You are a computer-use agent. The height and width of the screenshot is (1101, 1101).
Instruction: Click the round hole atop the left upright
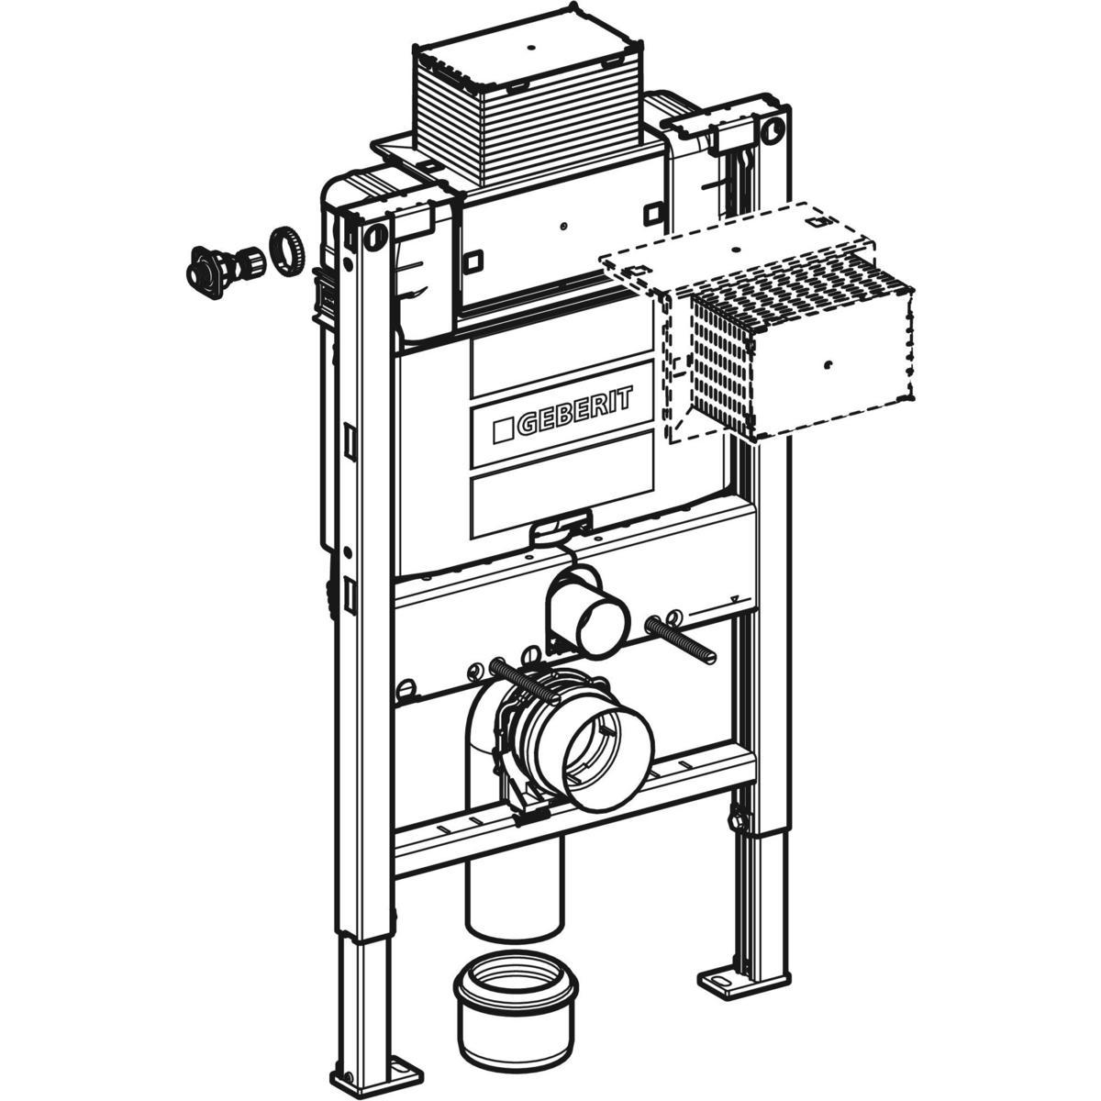pyautogui.click(x=374, y=237)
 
